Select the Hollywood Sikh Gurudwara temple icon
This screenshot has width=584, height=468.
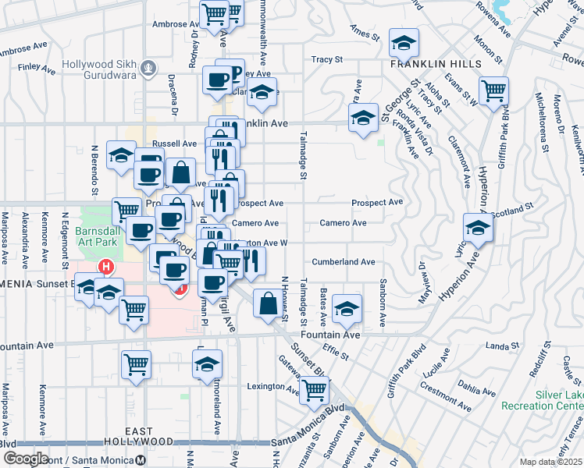pos(146,70)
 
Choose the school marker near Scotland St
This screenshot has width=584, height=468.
pos(478,228)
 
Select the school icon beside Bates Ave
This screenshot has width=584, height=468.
pos(347,308)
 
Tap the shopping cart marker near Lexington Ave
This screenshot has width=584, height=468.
pos(314,388)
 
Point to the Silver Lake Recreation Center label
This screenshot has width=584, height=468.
pos(557,400)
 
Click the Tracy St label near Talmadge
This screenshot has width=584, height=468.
pos(326,59)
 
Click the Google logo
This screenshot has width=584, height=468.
pos(25,459)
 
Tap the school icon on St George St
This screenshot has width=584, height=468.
pos(362,118)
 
